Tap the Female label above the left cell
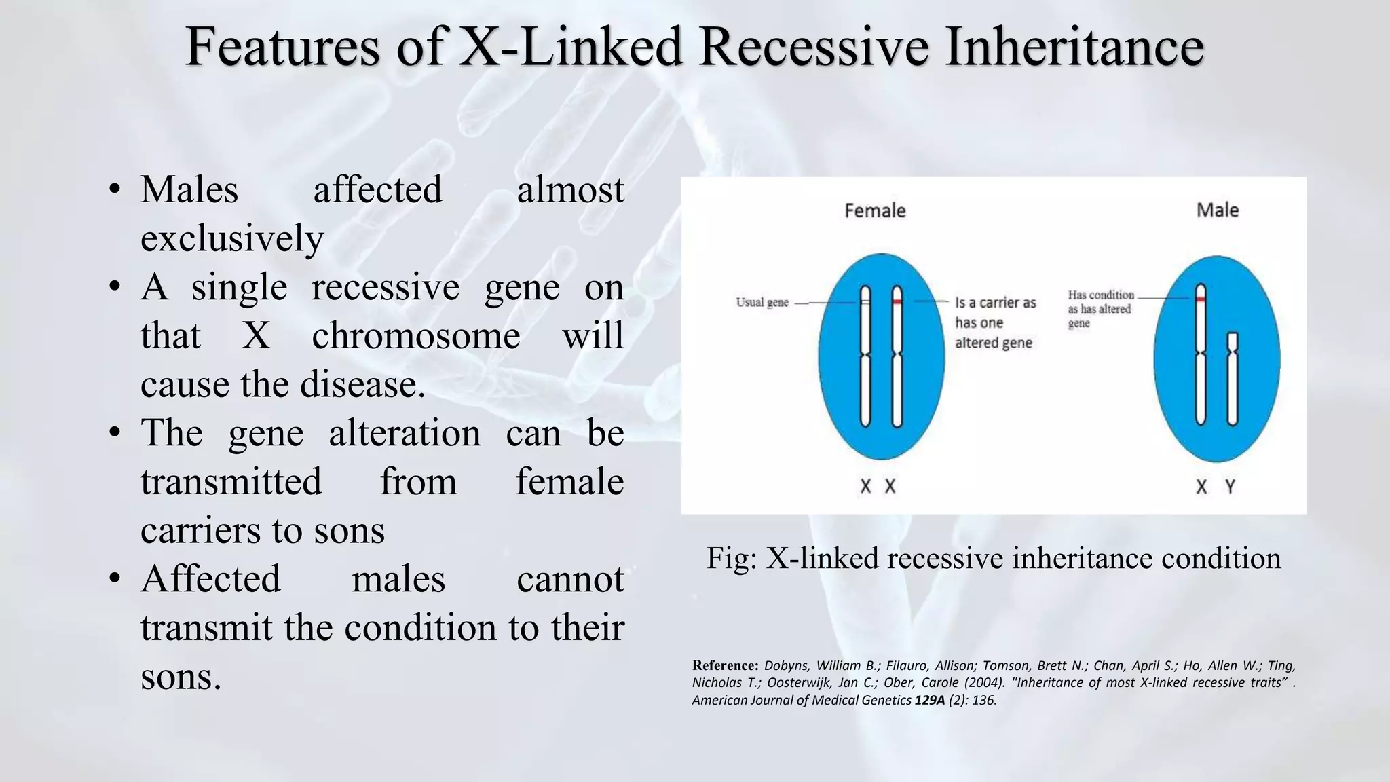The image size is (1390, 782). (x=875, y=210)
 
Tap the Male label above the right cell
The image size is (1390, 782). (x=1217, y=210)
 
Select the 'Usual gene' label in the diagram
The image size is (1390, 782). (x=762, y=302)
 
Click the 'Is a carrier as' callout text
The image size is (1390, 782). (x=995, y=303)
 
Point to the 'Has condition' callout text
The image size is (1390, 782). (x=1100, y=295)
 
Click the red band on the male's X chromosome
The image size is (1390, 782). (x=1200, y=299)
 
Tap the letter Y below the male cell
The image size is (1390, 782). (x=1230, y=487)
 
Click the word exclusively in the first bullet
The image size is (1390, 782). (x=232, y=238)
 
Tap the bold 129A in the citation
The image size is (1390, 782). (x=929, y=701)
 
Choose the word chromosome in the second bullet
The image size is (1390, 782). (x=415, y=335)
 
